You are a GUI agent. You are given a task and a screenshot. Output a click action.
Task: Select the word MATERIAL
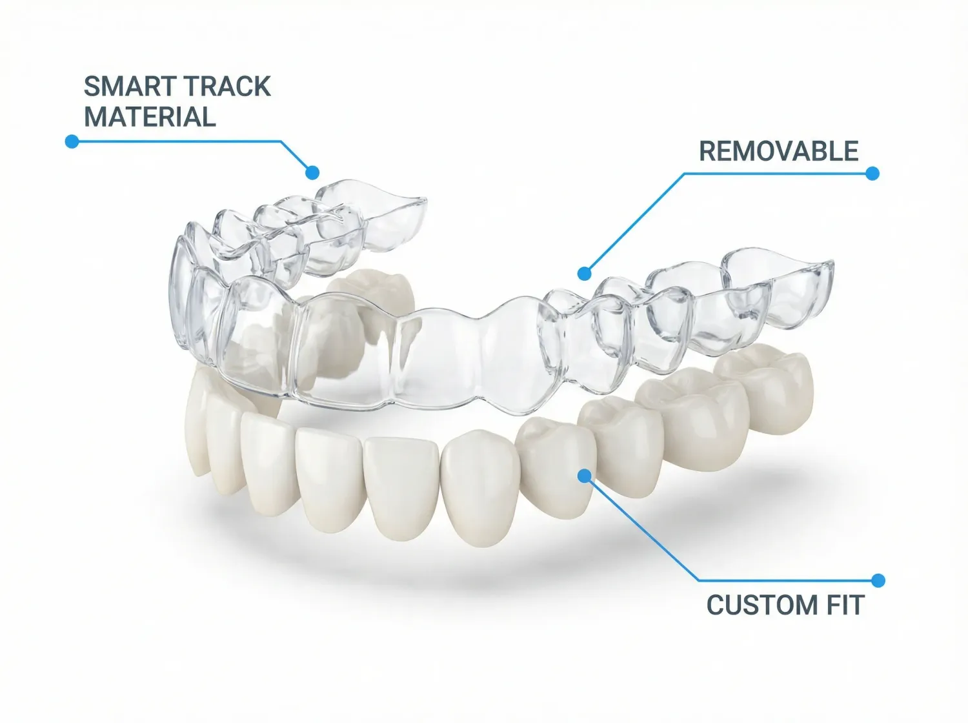(x=149, y=117)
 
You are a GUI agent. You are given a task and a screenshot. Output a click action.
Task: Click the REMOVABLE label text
(x=778, y=152)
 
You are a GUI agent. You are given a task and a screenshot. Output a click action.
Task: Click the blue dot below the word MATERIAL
(x=72, y=141)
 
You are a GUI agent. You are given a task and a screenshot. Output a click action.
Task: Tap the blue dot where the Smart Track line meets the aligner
(x=312, y=172)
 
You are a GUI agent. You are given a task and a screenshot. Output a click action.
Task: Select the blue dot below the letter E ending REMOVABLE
(x=872, y=173)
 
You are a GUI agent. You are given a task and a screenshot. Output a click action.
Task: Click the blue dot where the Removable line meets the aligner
(x=584, y=274)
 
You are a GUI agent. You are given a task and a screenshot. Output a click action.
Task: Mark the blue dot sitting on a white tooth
(x=584, y=476)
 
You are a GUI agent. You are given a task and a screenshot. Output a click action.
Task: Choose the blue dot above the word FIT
(x=878, y=580)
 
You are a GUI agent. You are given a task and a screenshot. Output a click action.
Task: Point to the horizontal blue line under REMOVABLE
(x=774, y=173)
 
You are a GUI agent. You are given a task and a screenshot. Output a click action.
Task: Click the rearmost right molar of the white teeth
(x=768, y=387)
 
